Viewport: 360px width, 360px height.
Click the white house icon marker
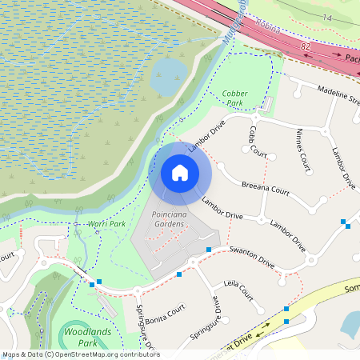tap(180, 172)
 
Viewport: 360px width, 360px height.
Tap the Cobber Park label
tap(234, 98)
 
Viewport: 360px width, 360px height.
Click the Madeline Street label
tap(336, 96)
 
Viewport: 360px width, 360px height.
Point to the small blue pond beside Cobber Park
tap(169, 77)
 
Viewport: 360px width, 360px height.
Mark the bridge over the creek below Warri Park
tap(82, 272)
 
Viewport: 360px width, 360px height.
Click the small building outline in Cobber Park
tap(268, 105)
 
